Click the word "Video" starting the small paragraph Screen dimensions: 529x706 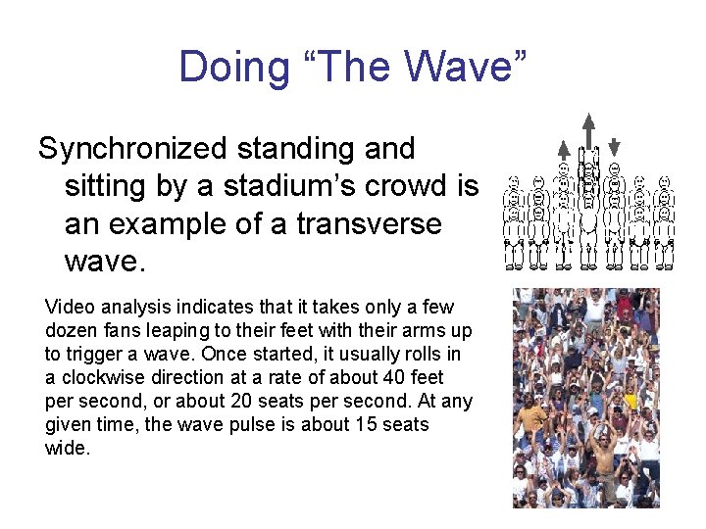(69, 307)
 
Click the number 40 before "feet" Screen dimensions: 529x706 (367, 377)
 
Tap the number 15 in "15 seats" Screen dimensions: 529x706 (359, 424)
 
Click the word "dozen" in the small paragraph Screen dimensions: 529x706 (72, 330)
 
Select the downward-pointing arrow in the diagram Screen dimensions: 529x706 (614, 147)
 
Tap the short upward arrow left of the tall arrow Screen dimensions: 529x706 (564, 149)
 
